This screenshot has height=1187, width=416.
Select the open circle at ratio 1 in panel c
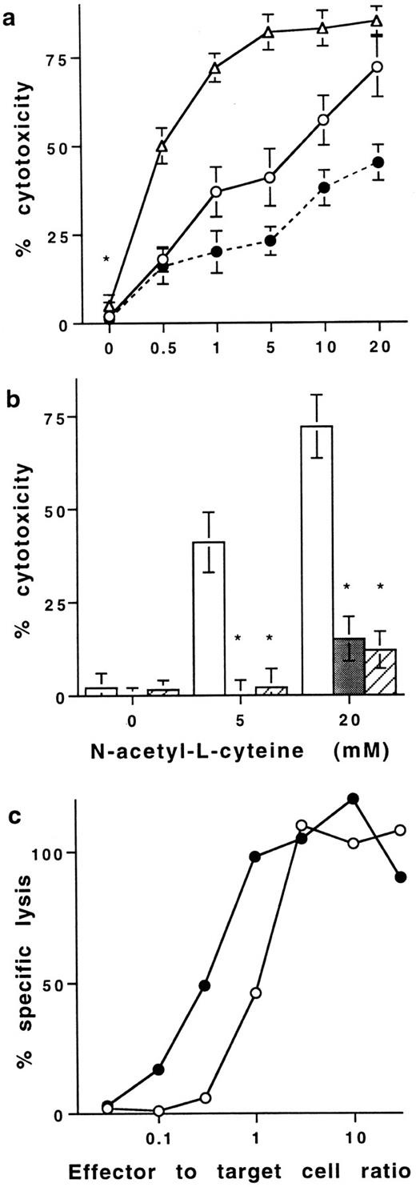[256, 993]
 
